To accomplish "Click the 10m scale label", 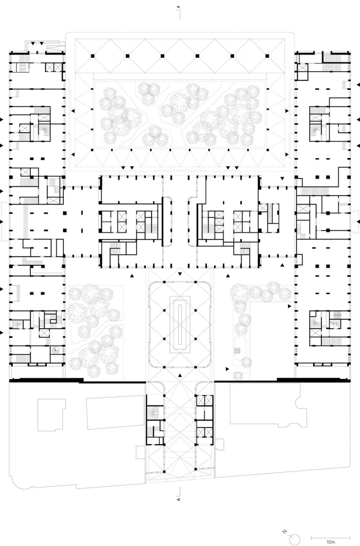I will pyautogui.click(x=330, y=541).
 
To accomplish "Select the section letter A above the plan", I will pyautogui.click(x=179, y=8).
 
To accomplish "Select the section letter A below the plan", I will pyautogui.click(x=179, y=499).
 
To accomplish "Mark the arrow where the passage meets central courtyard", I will pyautogui.click(x=180, y=375).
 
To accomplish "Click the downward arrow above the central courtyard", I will pyautogui.click(x=180, y=274).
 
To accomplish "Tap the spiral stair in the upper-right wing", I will pyautogui.click(x=315, y=126).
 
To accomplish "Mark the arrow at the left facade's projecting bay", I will pyautogui.click(x=2, y=221).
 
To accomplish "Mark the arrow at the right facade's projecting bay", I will pyautogui.click(x=357, y=221).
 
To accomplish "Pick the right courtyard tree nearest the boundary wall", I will pyautogui.click(x=238, y=376).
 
